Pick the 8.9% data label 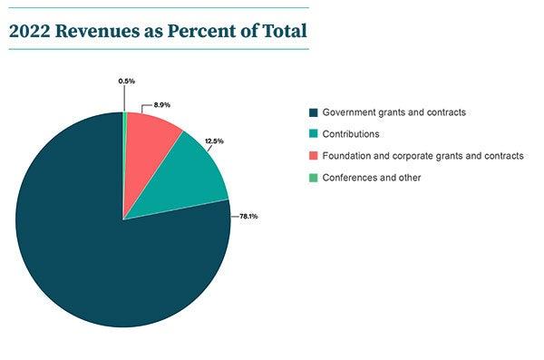coord(163,105)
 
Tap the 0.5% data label coord(127,82)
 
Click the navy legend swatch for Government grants coord(314,112)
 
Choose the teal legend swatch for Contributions coord(314,134)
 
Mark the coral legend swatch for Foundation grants coord(314,156)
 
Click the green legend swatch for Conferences coord(314,178)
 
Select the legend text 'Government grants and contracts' coord(395,112)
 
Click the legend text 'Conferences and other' coord(373,178)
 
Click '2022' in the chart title coord(28,31)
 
